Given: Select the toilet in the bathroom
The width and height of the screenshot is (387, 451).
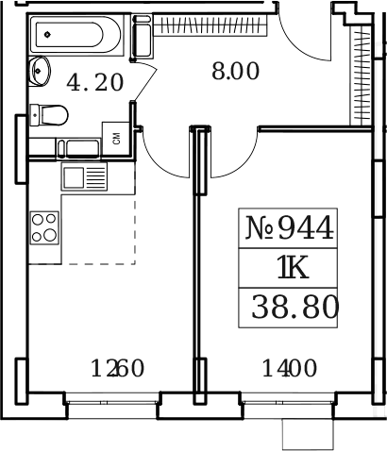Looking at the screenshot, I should pyautogui.click(x=47, y=113).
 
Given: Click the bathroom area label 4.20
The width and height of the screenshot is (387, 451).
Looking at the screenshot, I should pyautogui.click(x=94, y=82).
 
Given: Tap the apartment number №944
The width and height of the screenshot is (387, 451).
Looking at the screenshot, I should pyautogui.click(x=290, y=227).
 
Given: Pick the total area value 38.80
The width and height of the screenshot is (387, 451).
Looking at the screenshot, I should pyautogui.click(x=294, y=307).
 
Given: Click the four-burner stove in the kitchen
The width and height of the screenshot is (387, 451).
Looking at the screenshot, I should pyautogui.click(x=44, y=229).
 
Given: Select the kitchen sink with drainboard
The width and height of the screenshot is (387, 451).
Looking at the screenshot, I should pyautogui.click(x=84, y=176).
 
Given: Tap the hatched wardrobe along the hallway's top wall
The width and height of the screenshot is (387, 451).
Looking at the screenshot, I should pyautogui.click(x=209, y=23).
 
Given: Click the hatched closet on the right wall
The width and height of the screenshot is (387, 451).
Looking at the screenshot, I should pyautogui.click(x=359, y=75).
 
